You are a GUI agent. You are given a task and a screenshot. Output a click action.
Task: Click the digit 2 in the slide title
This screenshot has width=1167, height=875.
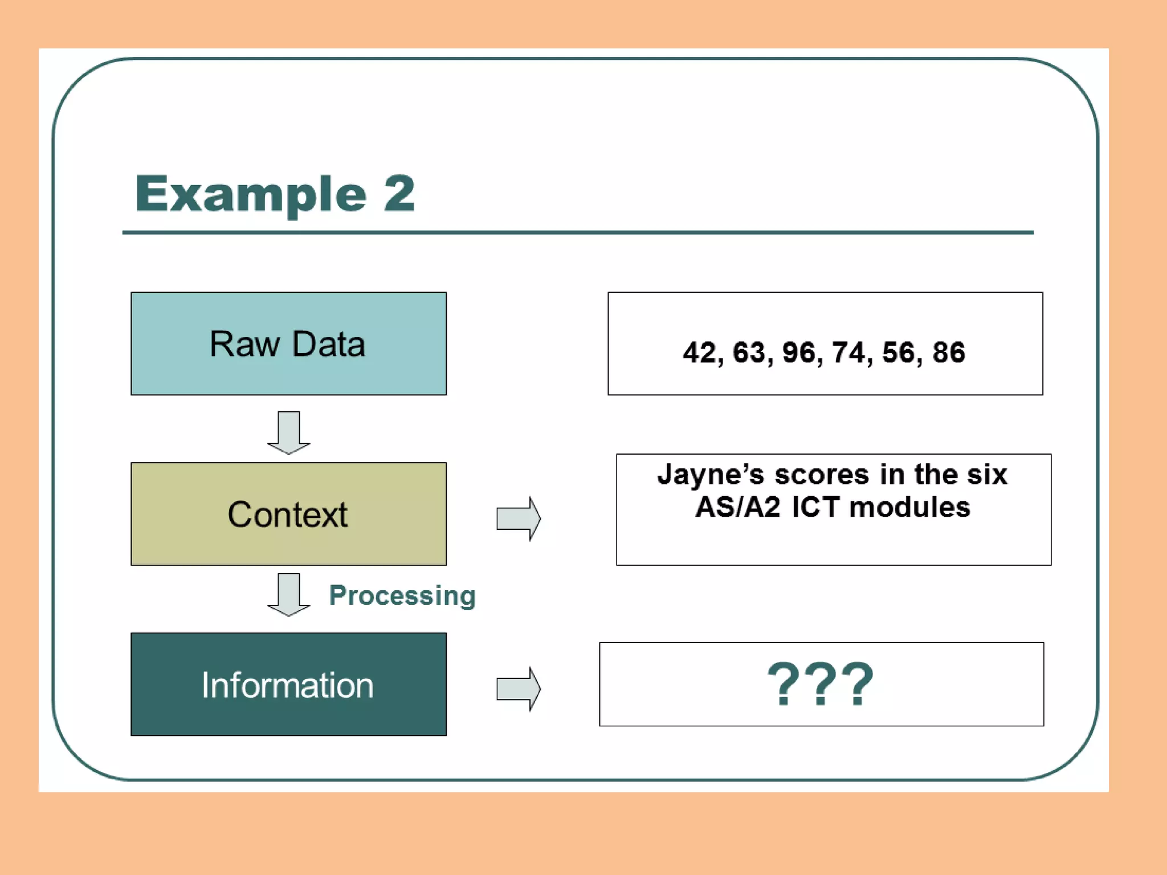pyautogui.click(x=399, y=194)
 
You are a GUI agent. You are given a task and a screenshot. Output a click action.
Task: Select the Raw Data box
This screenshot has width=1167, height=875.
pyautogui.click(x=288, y=344)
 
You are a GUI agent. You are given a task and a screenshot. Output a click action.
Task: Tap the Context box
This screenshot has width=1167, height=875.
pyautogui.click(x=288, y=514)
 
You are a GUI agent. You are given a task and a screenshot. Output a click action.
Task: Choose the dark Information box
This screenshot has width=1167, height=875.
pyautogui.click(x=288, y=684)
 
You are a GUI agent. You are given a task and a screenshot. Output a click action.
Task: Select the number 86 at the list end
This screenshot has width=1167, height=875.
pyautogui.click(x=949, y=352)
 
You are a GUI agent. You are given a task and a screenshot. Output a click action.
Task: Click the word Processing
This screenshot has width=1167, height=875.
pyautogui.click(x=402, y=596)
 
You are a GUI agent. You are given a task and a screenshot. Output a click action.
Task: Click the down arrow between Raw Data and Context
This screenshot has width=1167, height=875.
pyautogui.click(x=289, y=432)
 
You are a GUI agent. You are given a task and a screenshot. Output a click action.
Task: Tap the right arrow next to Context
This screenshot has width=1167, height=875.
pyautogui.click(x=518, y=518)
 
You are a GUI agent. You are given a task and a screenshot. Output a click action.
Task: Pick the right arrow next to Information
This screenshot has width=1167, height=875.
pyautogui.click(x=518, y=689)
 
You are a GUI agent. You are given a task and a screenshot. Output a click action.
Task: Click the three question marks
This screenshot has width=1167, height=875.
pyautogui.click(x=821, y=684)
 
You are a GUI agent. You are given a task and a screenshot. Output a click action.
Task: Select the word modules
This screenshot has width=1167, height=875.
pyautogui.click(x=910, y=507)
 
